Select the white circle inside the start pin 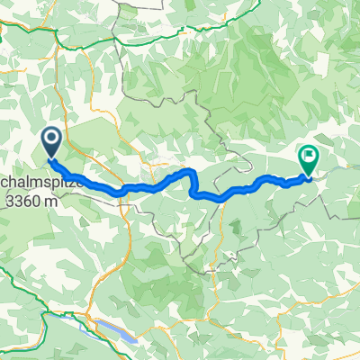(50, 138)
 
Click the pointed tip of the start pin (50, 159)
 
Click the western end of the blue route (50, 160)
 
